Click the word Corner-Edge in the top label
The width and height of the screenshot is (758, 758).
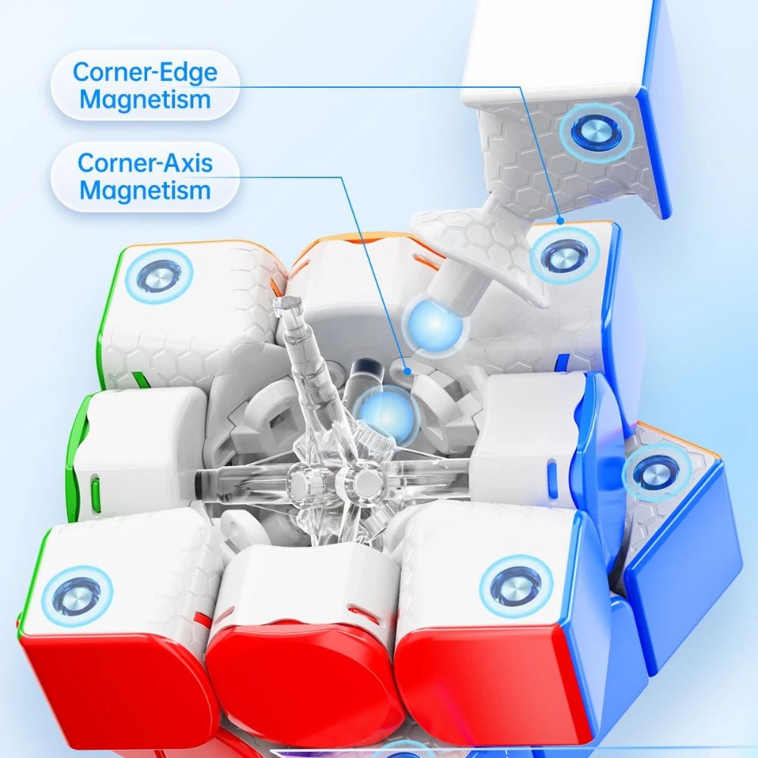pyautogui.click(x=145, y=73)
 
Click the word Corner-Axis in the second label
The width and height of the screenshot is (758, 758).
pyautogui.click(x=145, y=162)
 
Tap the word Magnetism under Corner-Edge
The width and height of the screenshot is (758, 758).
pyautogui.click(x=145, y=99)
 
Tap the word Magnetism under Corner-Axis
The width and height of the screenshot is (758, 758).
pyautogui.click(x=145, y=189)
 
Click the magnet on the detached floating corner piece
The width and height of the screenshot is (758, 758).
pyautogui.click(x=596, y=133)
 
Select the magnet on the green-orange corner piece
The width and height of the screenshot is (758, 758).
pyautogui.click(x=159, y=275)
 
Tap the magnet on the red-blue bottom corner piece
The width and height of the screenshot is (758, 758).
pyautogui.click(x=515, y=586)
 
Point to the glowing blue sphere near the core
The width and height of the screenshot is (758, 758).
pyautogui.click(x=387, y=414)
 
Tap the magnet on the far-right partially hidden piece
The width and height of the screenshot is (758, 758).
pyautogui.click(x=654, y=475)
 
